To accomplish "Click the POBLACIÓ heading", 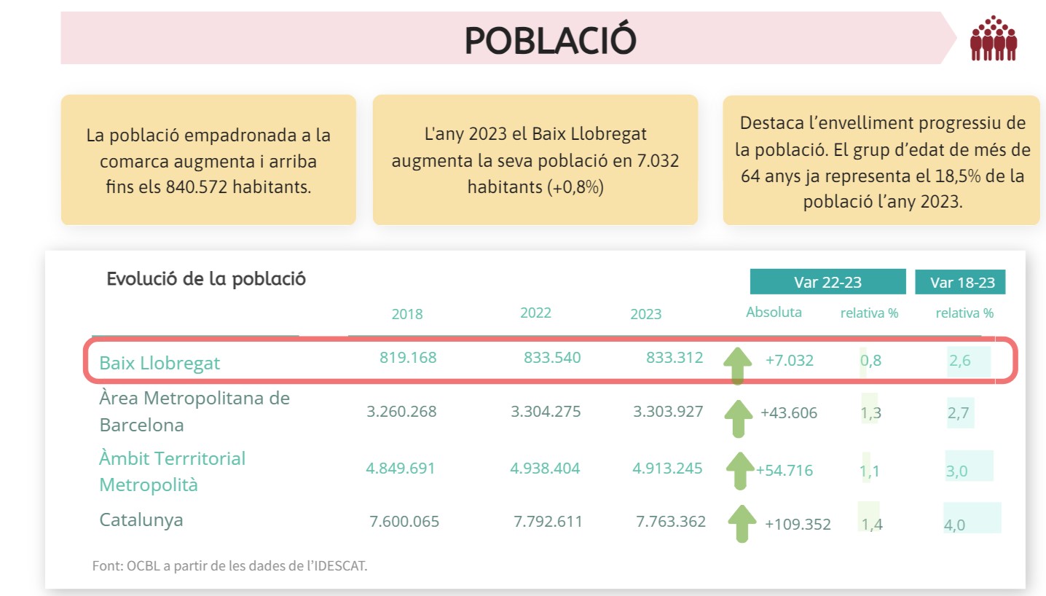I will click(551, 40).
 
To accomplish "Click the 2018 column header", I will click(407, 314).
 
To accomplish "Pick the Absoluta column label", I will click(774, 313).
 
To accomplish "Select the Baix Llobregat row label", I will click(160, 363).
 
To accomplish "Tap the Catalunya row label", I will click(141, 520).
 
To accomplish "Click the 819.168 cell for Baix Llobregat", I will click(408, 358).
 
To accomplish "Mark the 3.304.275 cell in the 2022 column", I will click(546, 412).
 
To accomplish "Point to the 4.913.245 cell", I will click(667, 468).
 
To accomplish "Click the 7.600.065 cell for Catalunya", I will click(404, 522).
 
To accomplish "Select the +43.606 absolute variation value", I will click(789, 413).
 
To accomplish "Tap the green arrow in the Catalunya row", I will click(742, 522).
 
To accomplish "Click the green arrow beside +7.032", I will click(737, 365).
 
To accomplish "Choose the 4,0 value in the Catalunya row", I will click(955, 525).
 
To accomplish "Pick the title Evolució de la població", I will click(206, 279).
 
